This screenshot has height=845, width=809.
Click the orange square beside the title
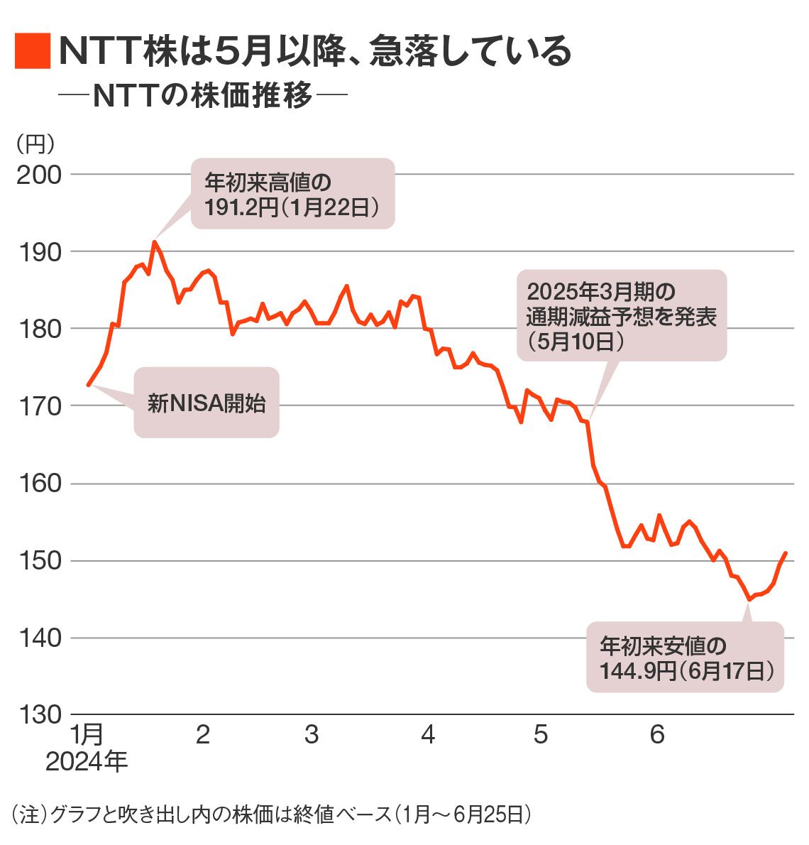point(32,51)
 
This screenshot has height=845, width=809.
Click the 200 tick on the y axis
point(38,175)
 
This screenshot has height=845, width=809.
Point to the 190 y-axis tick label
point(38,252)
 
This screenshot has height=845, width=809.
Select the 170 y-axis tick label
point(38,407)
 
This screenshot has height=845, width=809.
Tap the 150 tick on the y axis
point(38,562)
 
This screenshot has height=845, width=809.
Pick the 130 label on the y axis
point(38,715)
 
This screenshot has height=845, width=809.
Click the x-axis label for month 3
point(312,735)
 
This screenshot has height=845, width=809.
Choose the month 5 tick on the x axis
point(541,735)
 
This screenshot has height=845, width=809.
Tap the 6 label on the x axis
point(657,735)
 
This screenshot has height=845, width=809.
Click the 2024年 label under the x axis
point(87,762)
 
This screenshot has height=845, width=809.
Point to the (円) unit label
point(35,143)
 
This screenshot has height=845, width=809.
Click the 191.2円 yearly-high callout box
point(292,194)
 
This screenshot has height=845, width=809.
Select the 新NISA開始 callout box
point(207,403)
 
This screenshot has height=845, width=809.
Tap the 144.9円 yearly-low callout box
point(685,658)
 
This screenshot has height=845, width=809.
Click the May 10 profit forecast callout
point(622,315)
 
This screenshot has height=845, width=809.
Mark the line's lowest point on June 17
point(749,600)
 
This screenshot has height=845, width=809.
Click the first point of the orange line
point(88,385)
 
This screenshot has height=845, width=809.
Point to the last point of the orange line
point(786,552)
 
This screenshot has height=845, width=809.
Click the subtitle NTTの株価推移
point(202,96)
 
